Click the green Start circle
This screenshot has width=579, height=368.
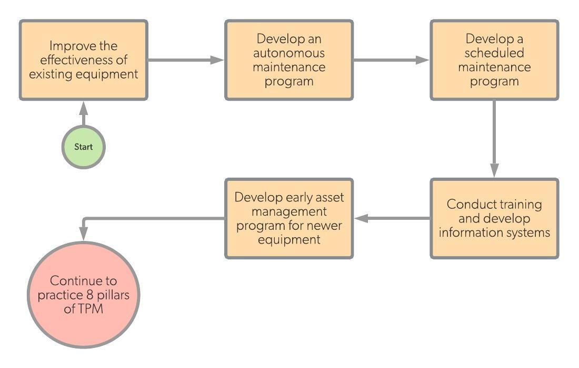[83, 147]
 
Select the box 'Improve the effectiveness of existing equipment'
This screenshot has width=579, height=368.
[83, 60]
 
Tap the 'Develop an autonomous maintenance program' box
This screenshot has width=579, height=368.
[289, 60]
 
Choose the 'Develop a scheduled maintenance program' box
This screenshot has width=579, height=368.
[494, 60]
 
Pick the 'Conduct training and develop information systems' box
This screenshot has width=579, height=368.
[494, 218]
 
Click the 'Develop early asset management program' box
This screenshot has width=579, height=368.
[289, 218]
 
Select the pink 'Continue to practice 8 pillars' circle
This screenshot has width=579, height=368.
[83, 295]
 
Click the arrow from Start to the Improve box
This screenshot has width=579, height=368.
[83, 114]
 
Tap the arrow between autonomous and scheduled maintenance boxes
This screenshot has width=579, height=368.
[392, 60]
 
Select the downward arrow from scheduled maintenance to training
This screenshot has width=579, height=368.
[494, 139]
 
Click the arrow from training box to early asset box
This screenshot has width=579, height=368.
[393, 218]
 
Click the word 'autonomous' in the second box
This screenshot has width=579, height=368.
[289, 53]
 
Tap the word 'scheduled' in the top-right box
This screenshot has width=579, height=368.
[494, 53]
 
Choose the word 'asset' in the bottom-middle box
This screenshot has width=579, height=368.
[329, 197]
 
